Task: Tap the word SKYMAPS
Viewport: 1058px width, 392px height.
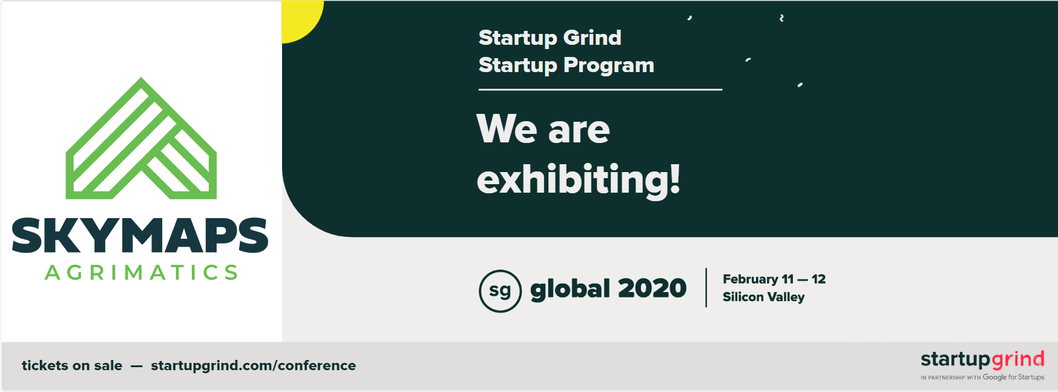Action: (140, 236)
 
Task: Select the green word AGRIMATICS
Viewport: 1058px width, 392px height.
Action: (142, 273)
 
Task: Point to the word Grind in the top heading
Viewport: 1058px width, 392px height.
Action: (592, 38)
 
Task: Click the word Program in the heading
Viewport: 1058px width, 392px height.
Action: (609, 65)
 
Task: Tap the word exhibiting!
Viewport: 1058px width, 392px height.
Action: (579, 180)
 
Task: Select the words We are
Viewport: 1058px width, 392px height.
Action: (544, 129)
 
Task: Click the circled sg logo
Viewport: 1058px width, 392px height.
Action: (500, 291)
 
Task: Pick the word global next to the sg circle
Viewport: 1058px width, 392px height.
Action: (570, 288)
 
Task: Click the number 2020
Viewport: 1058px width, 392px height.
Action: (652, 288)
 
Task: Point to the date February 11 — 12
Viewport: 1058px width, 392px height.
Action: (774, 279)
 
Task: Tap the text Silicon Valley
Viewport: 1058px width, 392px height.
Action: (764, 297)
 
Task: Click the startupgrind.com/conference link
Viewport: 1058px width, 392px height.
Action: (253, 366)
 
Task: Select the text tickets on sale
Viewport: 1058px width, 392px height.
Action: (72, 365)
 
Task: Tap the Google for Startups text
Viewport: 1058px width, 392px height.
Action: (1013, 377)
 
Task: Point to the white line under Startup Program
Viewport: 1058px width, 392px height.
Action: (600, 90)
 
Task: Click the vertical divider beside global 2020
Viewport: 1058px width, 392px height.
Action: (706, 288)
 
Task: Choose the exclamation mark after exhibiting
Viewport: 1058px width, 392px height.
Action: (675, 179)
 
